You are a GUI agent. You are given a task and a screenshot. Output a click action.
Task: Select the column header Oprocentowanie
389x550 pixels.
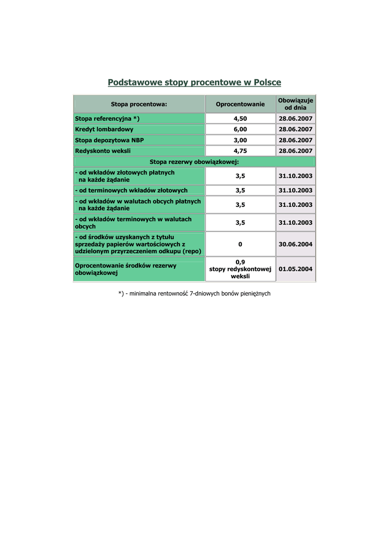(x=240, y=104)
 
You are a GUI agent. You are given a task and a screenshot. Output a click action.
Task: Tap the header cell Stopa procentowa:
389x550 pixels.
(x=139, y=104)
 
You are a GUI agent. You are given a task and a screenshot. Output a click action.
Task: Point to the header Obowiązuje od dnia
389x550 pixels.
(x=296, y=104)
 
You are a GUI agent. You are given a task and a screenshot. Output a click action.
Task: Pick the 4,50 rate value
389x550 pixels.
(x=240, y=119)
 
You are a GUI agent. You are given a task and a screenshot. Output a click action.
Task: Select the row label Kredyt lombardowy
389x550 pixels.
(x=104, y=129)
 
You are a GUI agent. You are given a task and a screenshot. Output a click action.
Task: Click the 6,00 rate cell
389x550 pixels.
(x=240, y=129)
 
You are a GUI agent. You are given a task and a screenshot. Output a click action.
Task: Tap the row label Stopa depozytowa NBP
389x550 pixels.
(x=110, y=140)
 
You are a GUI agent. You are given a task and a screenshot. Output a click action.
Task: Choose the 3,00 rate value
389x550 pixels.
(x=240, y=140)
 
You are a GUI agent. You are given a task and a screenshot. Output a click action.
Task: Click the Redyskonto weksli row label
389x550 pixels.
(x=103, y=151)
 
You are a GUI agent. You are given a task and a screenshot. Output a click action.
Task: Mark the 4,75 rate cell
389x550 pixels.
(x=240, y=151)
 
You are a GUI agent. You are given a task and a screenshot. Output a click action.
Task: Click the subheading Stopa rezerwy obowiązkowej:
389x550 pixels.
(x=194, y=162)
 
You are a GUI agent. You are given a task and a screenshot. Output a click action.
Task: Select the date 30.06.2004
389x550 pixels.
(x=296, y=244)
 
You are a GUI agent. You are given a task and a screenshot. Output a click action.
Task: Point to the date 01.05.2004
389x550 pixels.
(x=296, y=269)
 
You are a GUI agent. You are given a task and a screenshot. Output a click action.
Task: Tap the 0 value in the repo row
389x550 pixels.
(x=240, y=244)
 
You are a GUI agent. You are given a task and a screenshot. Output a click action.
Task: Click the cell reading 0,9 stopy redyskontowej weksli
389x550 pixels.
(x=240, y=269)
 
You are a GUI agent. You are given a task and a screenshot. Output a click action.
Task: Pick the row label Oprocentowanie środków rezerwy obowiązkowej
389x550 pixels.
(x=126, y=269)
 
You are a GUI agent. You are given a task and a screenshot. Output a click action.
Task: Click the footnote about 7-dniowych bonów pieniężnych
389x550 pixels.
(x=194, y=294)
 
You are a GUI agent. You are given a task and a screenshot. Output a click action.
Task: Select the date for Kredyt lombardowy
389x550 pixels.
(x=296, y=129)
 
